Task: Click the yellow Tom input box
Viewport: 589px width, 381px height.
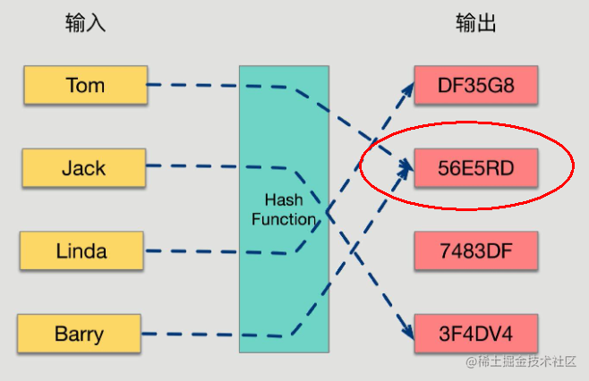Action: click(85, 85)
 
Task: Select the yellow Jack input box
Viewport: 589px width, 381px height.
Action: click(83, 168)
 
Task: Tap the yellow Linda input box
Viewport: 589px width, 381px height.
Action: click(81, 251)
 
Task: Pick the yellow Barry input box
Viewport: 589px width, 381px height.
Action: click(79, 334)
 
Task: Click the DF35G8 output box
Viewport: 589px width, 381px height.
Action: click(475, 85)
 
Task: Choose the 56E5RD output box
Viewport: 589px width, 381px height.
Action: click(475, 167)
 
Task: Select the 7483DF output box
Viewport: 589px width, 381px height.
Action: click(475, 250)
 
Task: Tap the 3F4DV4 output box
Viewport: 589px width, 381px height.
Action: click(475, 334)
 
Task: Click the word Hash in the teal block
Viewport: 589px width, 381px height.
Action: click(283, 199)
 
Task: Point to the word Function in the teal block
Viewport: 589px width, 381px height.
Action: click(283, 219)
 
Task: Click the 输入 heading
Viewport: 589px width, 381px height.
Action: click(86, 23)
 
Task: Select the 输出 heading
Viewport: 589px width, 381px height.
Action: click(475, 23)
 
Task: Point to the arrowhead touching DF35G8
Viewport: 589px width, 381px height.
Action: click(407, 88)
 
